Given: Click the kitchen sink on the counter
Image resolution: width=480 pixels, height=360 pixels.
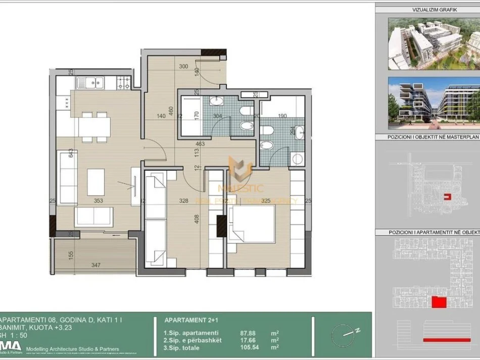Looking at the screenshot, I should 90,82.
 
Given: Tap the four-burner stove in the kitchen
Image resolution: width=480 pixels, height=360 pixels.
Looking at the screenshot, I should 124,81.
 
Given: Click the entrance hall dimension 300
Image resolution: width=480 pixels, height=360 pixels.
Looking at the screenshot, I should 183,66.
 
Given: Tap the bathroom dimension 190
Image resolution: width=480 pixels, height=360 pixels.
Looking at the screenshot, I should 282,116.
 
